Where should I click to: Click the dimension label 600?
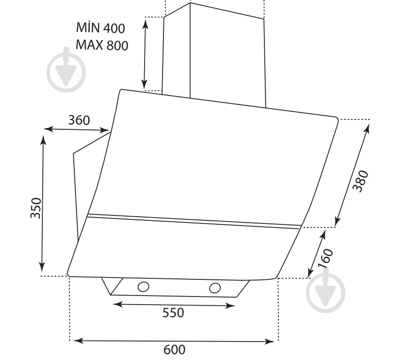(x=174, y=350)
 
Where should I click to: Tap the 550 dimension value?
(x=173, y=313)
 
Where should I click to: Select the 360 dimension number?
(x=79, y=120)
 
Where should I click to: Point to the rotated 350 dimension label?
(x=36, y=208)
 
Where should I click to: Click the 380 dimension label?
(x=360, y=181)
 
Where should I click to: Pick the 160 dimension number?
(x=326, y=259)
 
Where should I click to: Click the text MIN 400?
(x=100, y=27)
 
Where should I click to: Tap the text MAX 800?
(x=102, y=45)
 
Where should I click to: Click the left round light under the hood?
(x=143, y=287)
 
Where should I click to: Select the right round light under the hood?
(x=215, y=288)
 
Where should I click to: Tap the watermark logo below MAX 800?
(x=66, y=71)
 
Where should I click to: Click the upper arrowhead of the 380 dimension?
(x=367, y=128)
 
